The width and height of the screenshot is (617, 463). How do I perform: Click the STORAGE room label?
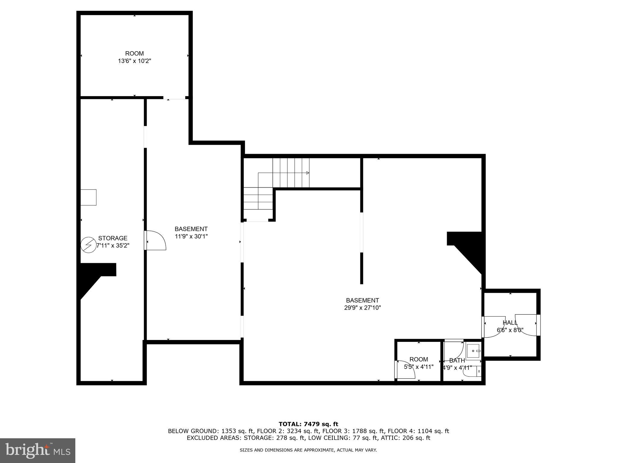(113, 238)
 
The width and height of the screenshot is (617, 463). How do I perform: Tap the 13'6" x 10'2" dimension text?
(134, 61)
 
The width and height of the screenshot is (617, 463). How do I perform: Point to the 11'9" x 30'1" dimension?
(191, 237)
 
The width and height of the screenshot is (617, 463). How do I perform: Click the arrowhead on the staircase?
(308, 173)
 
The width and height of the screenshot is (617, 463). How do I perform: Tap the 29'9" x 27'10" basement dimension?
(362, 308)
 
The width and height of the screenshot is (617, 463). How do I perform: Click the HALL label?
(510, 323)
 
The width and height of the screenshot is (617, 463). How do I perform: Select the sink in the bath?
(474, 351)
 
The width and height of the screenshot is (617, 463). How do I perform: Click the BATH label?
(457, 360)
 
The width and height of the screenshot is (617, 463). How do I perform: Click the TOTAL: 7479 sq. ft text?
(308, 424)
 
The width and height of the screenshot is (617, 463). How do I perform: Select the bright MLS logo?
(38, 450)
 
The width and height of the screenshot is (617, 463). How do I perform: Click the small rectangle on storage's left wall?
(88, 197)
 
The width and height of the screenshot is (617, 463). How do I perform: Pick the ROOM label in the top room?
(134, 54)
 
